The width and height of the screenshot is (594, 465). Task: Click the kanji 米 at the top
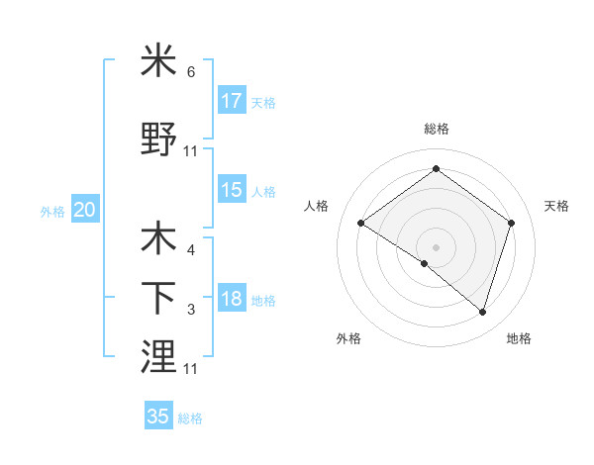click(158, 61)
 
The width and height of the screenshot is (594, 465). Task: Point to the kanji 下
click(158, 297)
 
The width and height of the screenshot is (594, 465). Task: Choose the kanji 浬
click(158, 355)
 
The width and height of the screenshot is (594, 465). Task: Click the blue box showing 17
click(232, 101)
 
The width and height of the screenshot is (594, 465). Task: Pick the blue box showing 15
click(232, 190)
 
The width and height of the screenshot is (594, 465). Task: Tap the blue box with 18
click(232, 299)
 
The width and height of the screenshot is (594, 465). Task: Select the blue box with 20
click(85, 210)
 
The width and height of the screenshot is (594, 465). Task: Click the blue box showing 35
click(158, 417)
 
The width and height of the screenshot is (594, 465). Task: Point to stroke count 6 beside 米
click(191, 72)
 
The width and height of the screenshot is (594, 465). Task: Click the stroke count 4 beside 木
click(191, 250)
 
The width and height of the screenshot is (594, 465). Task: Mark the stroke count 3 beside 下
click(191, 310)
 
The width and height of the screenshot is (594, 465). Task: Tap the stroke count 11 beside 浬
click(191, 368)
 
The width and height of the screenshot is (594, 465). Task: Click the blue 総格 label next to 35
click(190, 418)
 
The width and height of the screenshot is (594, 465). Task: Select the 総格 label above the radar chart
click(436, 129)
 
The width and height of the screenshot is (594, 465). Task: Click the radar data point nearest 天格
click(511, 224)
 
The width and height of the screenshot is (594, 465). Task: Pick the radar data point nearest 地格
click(483, 312)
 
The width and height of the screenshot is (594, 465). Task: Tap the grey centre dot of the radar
click(436, 246)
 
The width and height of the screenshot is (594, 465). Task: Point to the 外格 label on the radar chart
click(348, 338)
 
